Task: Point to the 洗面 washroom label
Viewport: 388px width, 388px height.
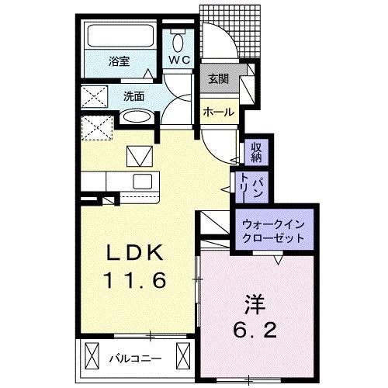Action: point(133,96)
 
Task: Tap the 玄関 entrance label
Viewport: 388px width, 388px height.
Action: point(218,78)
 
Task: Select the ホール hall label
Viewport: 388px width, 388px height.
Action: point(218,112)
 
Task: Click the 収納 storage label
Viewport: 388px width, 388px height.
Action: point(256,152)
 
